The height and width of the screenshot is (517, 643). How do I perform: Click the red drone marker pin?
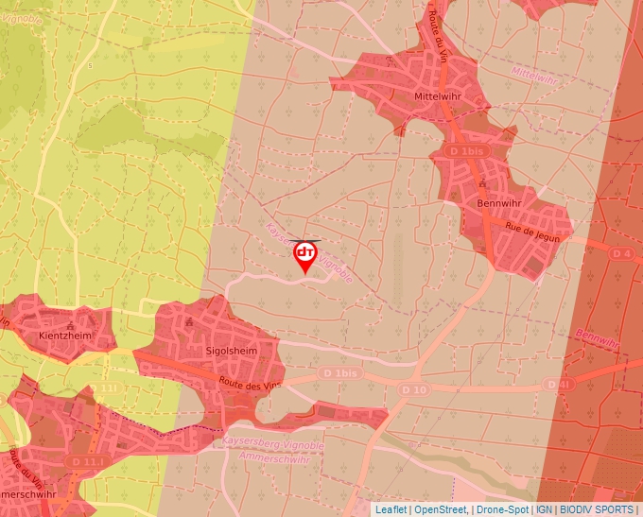(x=305, y=256)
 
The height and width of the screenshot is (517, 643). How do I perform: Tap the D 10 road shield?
(x=409, y=390)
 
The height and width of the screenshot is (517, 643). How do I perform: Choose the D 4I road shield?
(x=560, y=385)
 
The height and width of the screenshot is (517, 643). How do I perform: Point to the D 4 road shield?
(x=621, y=253)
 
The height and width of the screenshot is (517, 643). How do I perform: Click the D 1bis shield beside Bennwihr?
(x=466, y=151)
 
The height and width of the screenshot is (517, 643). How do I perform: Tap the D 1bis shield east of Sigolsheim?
(x=340, y=373)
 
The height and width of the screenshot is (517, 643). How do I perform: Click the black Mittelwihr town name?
(x=437, y=96)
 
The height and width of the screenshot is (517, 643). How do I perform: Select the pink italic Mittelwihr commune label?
(x=535, y=73)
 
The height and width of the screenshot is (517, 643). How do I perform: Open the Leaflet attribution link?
(x=391, y=509)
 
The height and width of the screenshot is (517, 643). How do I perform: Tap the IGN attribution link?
(x=544, y=509)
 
